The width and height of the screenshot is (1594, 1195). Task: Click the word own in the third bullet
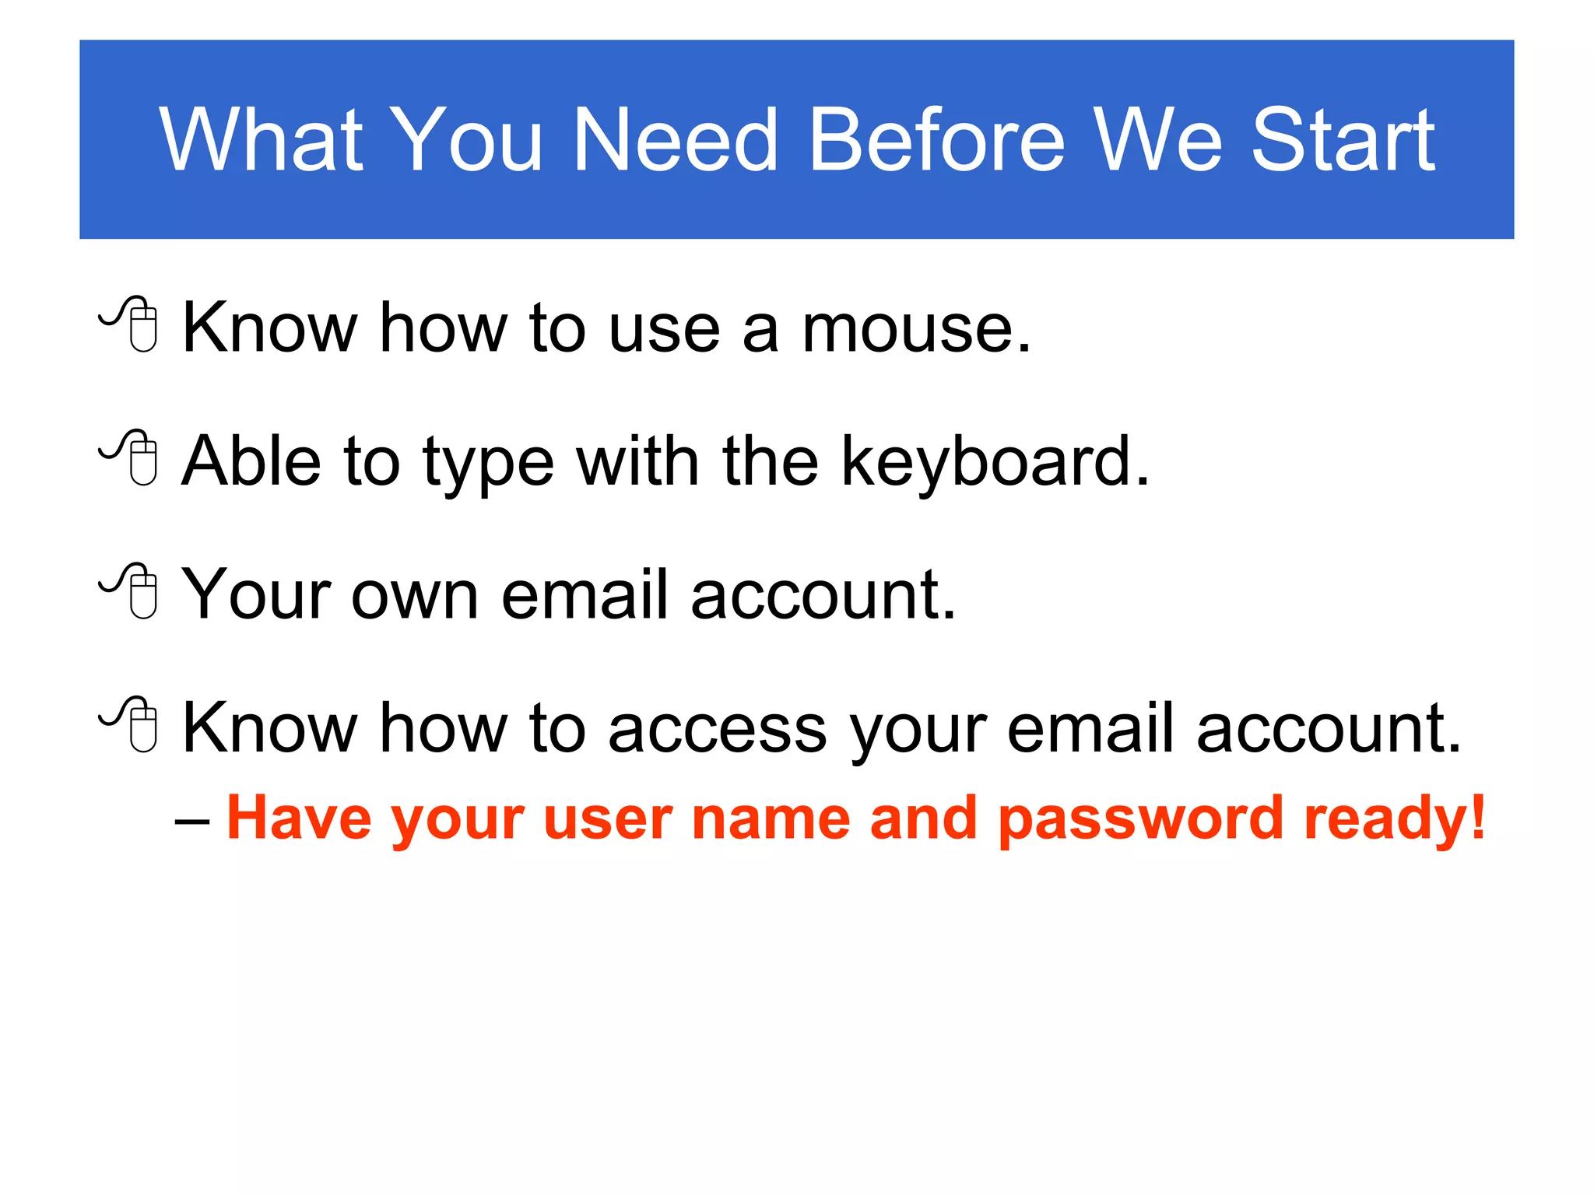point(414,596)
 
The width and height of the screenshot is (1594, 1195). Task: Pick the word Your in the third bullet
point(257,594)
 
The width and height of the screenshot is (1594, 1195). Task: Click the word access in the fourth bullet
point(717,730)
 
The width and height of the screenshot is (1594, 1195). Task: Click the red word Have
point(299,818)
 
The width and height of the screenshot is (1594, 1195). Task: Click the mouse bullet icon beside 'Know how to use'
point(131,324)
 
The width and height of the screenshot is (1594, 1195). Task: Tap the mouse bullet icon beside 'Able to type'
point(131,457)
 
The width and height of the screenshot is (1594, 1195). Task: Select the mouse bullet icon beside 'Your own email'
point(131,590)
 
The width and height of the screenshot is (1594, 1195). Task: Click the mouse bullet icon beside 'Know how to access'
point(131,724)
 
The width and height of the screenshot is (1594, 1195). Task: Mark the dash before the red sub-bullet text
point(192,822)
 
